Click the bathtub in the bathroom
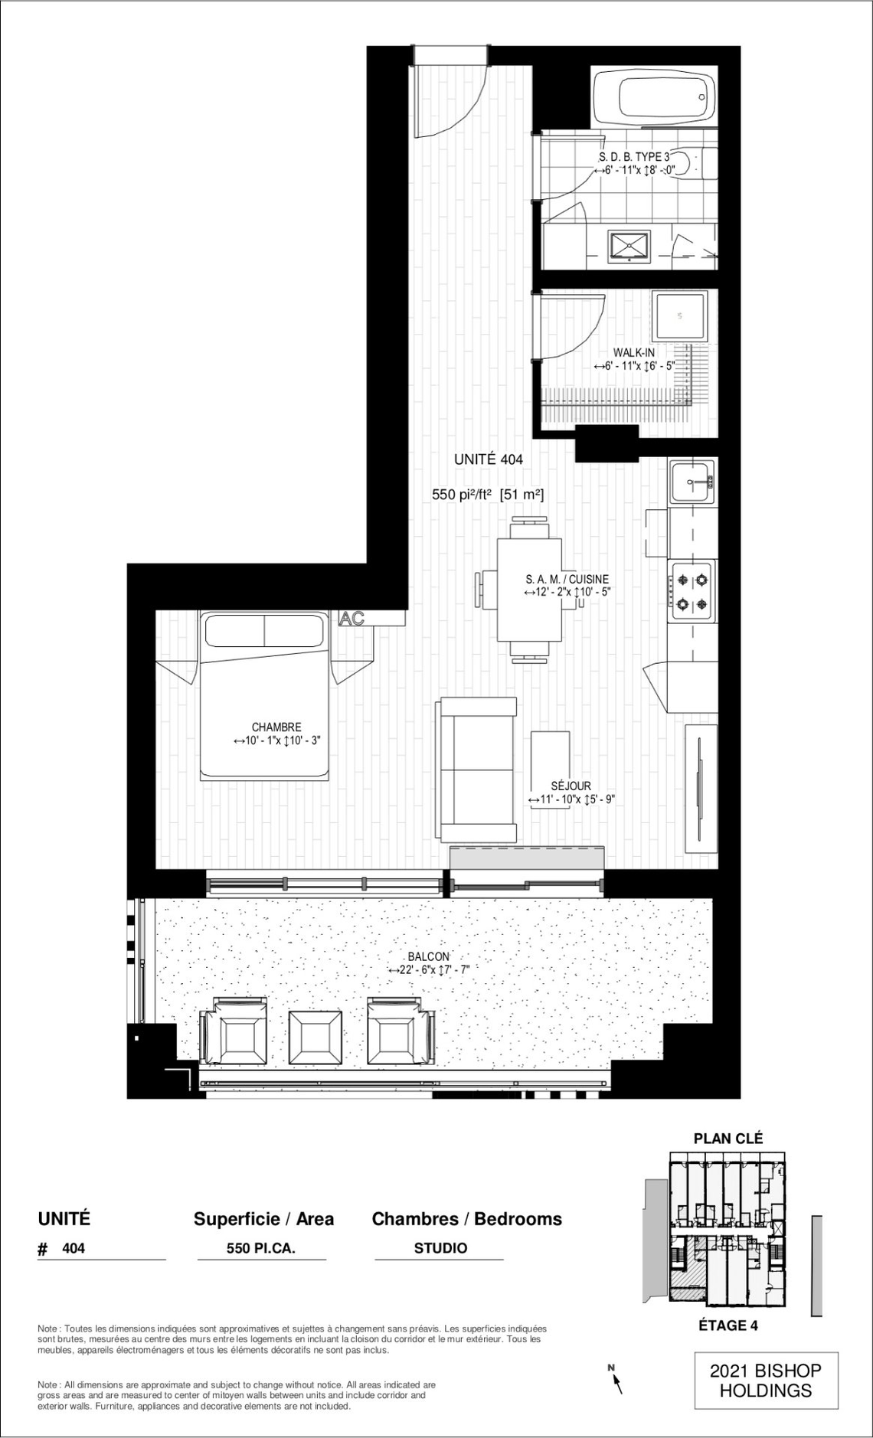pos(655,96)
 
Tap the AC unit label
pos(351,619)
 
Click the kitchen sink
pos(692,482)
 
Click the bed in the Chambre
pos(266,696)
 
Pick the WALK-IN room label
pos(634,352)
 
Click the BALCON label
pos(429,957)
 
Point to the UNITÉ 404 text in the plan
pos(489,459)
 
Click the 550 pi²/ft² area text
pos(462,495)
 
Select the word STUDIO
pos(440,1248)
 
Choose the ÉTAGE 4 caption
pos(728,1325)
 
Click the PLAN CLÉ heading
pos(728,1139)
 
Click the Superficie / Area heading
pos(263,1219)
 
